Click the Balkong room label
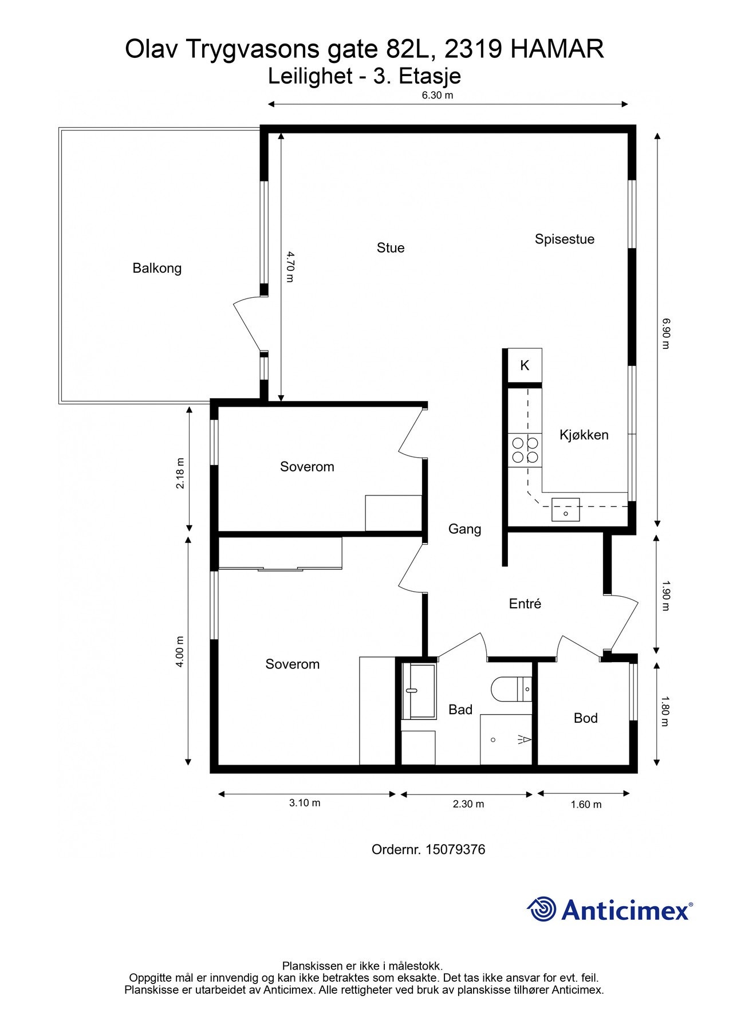(x=157, y=268)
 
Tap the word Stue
(x=391, y=248)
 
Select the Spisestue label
(x=565, y=239)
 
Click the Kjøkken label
(x=584, y=435)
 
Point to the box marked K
(x=525, y=365)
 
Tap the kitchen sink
(x=566, y=510)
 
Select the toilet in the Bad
(x=511, y=689)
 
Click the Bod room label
(x=585, y=718)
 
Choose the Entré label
(x=525, y=604)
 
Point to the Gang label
(x=464, y=529)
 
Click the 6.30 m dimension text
(x=438, y=96)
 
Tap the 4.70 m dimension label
(x=290, y=267)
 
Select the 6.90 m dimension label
(x=665, y=333)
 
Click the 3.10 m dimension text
(x=305, y=803)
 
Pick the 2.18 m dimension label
(x=180, y=473)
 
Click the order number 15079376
(x=455, y=849)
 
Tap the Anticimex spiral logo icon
(x=542, y=909)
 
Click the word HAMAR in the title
(x=557, y=49)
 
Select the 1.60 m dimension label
(x=586, y=805)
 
